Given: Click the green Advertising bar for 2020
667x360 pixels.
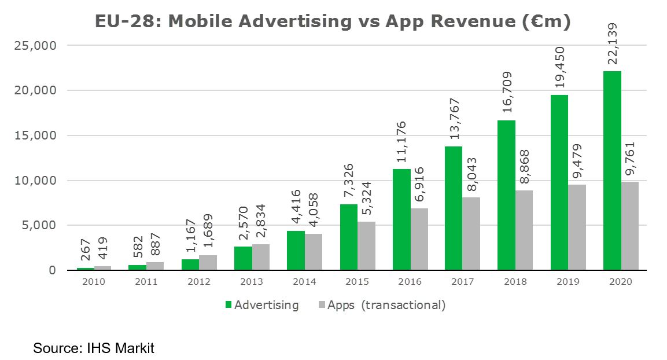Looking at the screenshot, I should click(611, 171).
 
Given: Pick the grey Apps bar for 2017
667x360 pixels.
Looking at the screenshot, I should click(471, 234).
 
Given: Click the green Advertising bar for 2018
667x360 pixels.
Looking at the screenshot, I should click(506, 196).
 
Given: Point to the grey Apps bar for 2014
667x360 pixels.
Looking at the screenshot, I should click(314, 252).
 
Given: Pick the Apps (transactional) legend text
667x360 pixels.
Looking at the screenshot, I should click(386, 305).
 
